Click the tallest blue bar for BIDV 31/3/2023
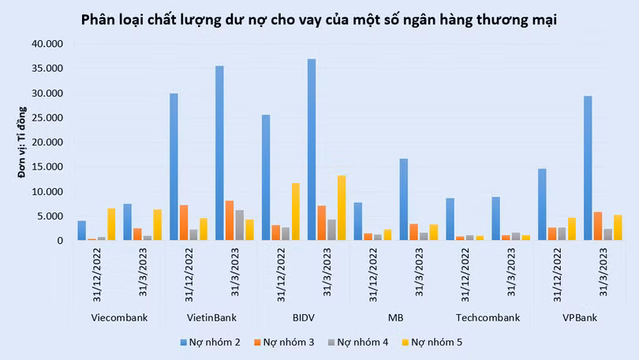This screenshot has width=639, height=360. coord(312,150)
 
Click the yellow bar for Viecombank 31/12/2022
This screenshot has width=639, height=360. coord(111,224)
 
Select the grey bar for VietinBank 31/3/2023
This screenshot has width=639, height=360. coord(240,225)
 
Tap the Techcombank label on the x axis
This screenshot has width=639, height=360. coord(488,318)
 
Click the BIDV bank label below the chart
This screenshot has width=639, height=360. coord(304,318)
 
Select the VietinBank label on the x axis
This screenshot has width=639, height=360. coord(211,318)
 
